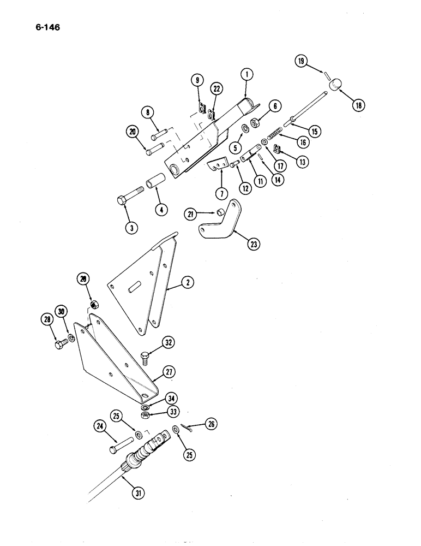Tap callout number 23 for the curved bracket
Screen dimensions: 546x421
pyautogui.click(x=253, y=245)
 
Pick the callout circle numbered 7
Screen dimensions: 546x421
pyautogui.click(x=221, y=193)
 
